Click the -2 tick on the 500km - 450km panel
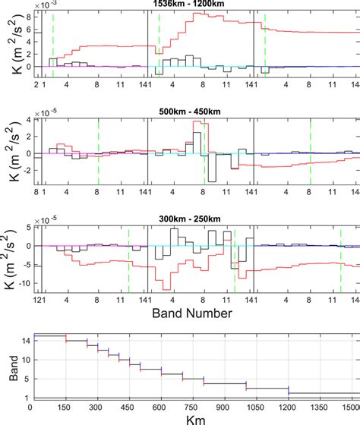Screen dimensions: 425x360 coord(25,169)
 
